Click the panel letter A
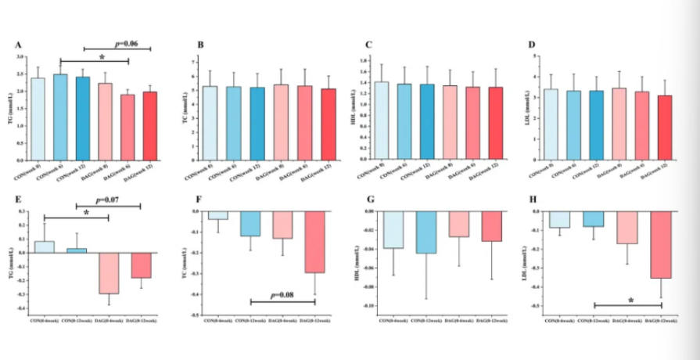pyautogui.click(x=18, y=45)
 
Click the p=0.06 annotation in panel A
pyautogui.click(x=127, y=45)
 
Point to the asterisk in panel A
pyautogui.click(x=102, y=58)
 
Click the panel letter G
pyautogui.click(x=368, y=201)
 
